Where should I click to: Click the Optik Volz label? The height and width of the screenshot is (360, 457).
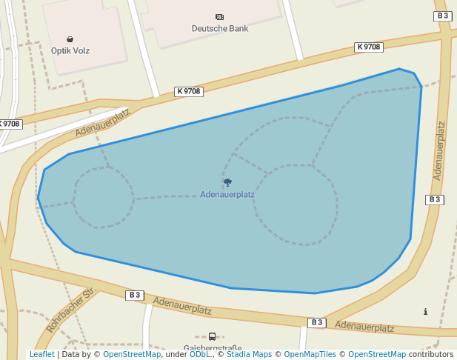(x=70, y=51)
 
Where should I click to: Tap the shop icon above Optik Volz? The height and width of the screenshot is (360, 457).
(x=70, y=39)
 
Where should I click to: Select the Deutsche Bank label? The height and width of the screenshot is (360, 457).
(x=220, y=29)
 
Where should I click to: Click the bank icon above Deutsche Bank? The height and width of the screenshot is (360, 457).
(x=219, y=17)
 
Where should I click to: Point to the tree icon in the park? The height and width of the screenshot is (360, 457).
(x=227, y=182)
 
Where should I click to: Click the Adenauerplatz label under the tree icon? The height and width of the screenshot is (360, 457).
(x=227, y=195)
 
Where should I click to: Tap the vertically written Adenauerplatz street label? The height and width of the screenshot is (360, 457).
(x=439, y=150)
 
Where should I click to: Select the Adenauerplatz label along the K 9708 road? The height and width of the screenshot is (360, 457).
(x=102, y=122)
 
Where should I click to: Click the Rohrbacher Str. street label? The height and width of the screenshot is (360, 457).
(x=72, y=310)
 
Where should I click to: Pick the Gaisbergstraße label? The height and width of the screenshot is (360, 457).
(x=213, y=347)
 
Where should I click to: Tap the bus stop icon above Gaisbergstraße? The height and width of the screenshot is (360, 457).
(x=212, y=336)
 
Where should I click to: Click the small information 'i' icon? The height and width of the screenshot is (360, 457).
(x=425, y=312)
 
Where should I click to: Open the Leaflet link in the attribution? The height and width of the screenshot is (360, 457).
(x=41, y=355)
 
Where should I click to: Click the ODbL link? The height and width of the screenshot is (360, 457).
(x=200, y=355)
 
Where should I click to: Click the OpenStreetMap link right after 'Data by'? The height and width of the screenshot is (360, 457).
(x=132, y=355)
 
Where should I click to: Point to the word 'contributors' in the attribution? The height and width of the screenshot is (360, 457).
(x=431, y=355)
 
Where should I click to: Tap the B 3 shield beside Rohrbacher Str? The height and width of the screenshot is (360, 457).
(x=134, y=295)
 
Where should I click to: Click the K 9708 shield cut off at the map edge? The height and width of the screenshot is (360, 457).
(x=10, y=124)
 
